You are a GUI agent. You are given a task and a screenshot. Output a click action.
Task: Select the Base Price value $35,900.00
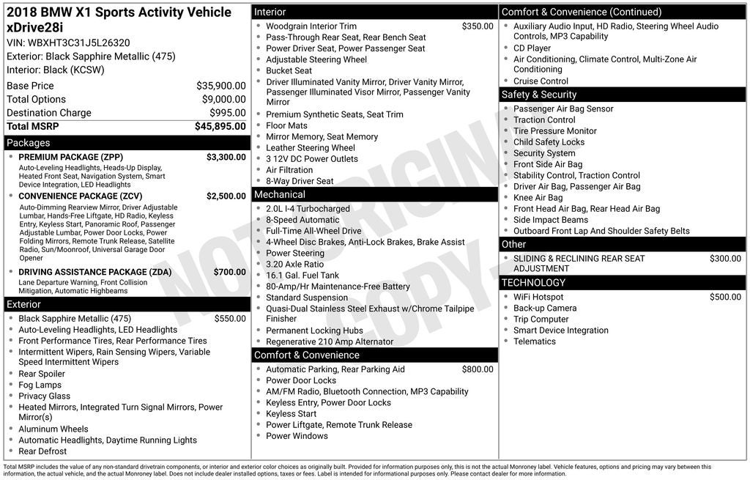tap(220, 86)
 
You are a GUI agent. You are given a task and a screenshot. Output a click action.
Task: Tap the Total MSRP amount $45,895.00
tap(220, 127)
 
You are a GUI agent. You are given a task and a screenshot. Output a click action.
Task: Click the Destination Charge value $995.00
tap(227, 113)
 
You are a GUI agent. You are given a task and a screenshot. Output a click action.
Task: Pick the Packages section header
tap(29, 143)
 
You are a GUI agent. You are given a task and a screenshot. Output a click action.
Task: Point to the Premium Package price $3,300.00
tap(226, 157)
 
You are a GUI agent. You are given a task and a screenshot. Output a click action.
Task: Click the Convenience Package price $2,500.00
tap(226, 196)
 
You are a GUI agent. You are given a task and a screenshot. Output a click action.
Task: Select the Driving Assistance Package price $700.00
tap(229, 272)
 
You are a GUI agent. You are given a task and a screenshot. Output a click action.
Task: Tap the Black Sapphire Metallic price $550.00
tap(230, 319)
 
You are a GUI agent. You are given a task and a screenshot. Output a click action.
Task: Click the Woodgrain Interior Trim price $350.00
tap(478, 26)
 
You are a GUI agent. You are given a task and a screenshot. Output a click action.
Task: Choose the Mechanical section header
tap(280, 195)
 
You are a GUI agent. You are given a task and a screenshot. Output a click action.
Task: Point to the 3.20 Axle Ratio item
tap(294, 265)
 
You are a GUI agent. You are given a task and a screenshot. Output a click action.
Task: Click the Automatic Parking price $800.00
tap(478, 369)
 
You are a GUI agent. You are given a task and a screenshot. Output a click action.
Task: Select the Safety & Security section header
tap(539, 95)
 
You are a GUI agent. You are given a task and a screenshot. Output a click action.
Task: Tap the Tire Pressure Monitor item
tap(554, 131)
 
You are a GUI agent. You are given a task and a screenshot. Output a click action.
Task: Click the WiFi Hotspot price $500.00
tap(725, 298)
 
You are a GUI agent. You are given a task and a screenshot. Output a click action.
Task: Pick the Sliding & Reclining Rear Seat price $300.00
tap(725, 259)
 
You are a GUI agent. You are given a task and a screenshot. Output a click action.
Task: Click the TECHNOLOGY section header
tap(533, 283)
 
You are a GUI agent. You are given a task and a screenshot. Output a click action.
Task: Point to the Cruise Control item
tap(541, 81)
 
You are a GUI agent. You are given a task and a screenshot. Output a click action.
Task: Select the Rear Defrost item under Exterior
tap(42, 451)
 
